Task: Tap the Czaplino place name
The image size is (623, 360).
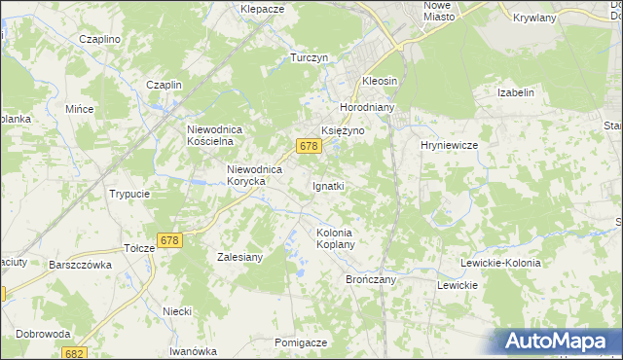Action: pos(99,39)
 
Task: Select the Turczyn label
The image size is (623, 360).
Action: pos(309,58)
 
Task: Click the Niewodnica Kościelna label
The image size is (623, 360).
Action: pos(220,134)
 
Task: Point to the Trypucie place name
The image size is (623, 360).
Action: pos(129,194)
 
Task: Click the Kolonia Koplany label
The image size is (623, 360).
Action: pos(334,238)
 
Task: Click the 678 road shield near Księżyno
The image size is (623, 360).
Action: pos(309,146)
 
